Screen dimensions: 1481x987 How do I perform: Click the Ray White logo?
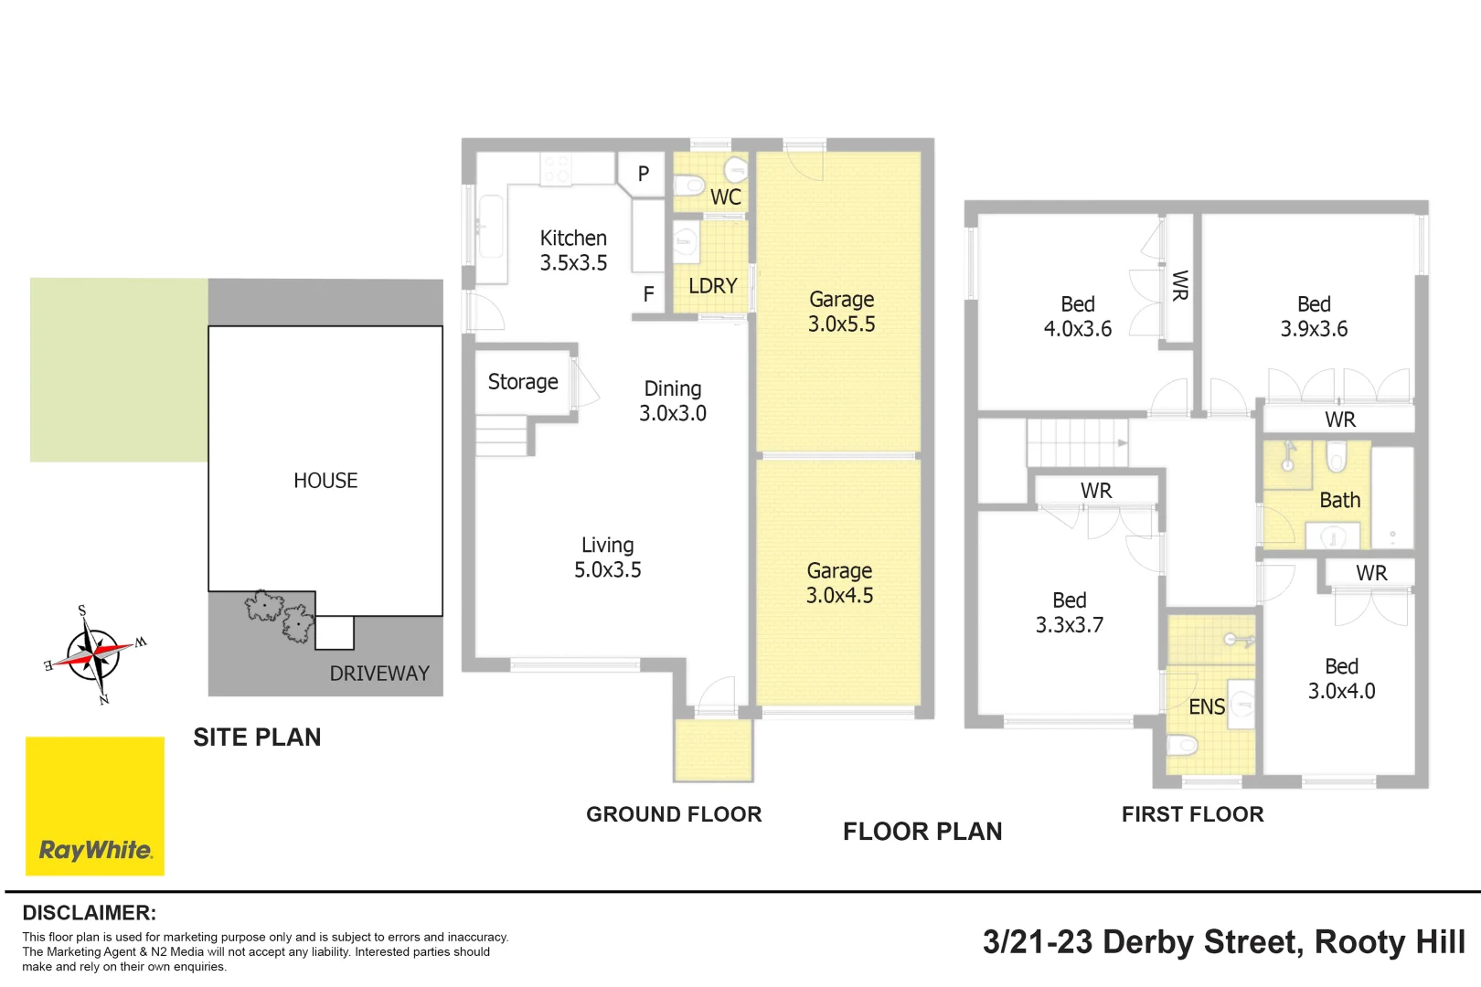(94, 806)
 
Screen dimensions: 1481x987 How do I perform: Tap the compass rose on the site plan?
(94, 654)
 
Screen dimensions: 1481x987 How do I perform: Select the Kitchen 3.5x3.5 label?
(573, 250)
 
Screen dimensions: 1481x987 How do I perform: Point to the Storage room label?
(523, 381)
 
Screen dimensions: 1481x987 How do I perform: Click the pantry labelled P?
(644, 174)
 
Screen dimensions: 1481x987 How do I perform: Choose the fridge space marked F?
(648, 293)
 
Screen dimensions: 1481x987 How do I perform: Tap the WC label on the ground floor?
(725, 197)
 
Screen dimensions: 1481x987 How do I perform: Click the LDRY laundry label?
(713, 285)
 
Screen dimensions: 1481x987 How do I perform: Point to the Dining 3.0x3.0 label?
(673, 400)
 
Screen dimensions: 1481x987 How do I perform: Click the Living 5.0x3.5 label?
(608, 557)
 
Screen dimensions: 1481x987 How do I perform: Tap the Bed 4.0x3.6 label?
(1078, 316)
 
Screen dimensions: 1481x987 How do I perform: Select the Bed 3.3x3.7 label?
(1069, 613)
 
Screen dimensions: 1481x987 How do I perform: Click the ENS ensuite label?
(1207, 706)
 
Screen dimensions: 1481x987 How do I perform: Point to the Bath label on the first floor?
(1340, 500)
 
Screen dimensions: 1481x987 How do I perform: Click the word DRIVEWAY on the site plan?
(379, 674)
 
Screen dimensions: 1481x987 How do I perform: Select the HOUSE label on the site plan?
(325, 481)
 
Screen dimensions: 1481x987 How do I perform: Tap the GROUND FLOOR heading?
(674, 814)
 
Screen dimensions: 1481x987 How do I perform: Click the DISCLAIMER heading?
(90, 913)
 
